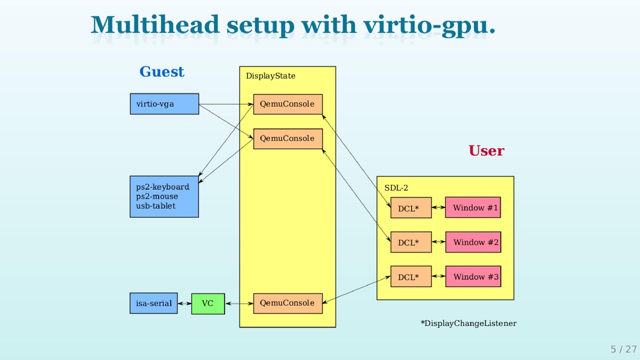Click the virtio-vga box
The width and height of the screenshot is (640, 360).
coord(164,104)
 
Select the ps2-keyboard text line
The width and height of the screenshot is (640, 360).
coord(163,187)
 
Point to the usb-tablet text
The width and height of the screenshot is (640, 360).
coord(156,206)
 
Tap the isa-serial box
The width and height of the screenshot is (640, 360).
coord(154,303)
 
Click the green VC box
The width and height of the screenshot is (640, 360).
coord(208,303)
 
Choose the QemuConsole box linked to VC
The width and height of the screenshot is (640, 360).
coord(287,303)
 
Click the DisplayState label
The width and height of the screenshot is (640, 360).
coord(270,76)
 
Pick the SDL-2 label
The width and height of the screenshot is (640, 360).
coord(396,188)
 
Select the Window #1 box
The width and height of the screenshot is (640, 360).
coord(473,207)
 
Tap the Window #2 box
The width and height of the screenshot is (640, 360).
coord(473,242)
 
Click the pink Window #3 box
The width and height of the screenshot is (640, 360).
coord(473,276)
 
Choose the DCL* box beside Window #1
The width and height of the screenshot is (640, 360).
coord(411,208)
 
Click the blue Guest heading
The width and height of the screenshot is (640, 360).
coord(162,71)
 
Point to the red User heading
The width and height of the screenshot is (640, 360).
coord(486,151)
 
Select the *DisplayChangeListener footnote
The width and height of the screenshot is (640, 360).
coord(468,323)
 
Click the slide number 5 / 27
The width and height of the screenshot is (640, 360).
coord(623,349)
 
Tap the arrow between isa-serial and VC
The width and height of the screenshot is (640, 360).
coord(185,303)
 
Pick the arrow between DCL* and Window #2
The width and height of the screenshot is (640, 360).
coord(438,242)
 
